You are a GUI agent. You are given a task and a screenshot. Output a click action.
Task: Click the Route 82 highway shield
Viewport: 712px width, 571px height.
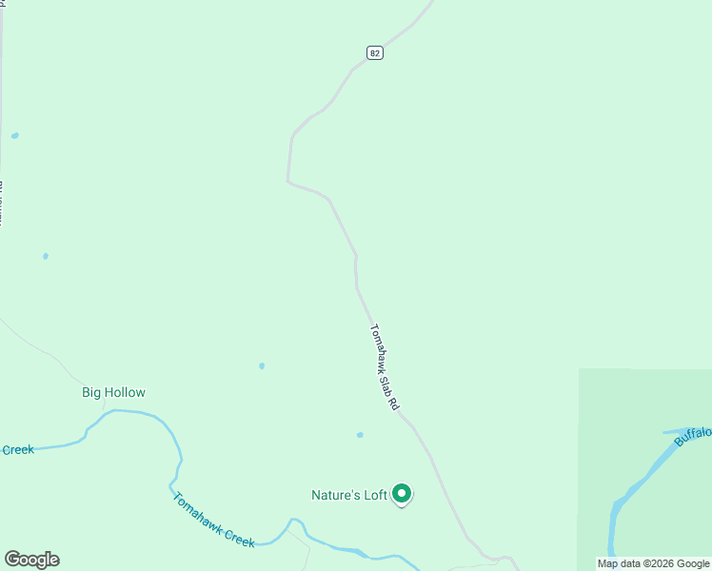coord(375,53)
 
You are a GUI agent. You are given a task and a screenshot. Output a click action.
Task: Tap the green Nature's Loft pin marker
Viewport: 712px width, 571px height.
coord(402,493)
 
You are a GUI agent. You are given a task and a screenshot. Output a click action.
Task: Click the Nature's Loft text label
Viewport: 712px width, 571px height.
coord(349,495)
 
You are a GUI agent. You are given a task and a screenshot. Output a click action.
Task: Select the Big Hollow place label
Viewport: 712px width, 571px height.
coord(113,392)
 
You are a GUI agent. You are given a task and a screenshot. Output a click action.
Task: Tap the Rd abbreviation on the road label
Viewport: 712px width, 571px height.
coord(393,402)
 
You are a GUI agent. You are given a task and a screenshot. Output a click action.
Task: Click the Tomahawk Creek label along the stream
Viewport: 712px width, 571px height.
coord(213,520)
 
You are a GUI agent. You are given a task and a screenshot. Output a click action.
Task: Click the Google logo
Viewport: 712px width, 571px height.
coord(31,560)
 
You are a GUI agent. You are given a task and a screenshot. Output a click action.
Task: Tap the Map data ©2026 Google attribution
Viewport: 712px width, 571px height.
coord(654,563)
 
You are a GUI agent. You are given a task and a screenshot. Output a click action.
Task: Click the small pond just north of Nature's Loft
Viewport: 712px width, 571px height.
coord(360,435)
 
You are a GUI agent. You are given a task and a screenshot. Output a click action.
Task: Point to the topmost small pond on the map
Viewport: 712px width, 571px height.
coord(14,136)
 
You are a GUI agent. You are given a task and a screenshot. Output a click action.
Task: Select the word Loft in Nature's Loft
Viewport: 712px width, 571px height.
coord(375,495)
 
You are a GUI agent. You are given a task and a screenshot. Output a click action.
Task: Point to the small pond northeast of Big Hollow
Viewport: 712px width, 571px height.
coord(262,365)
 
